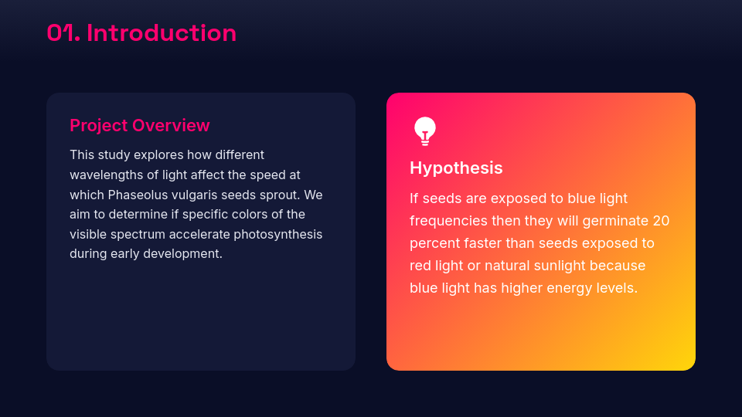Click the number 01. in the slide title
coord(63,33)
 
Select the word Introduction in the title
coord(162,33)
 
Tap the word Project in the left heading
coord(99,126)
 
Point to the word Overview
coord(171,126)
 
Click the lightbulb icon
coord(425,131)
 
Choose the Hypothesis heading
coord(456,168)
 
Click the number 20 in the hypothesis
coord(661,221)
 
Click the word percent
coord(433,243)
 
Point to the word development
coord(182,253)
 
